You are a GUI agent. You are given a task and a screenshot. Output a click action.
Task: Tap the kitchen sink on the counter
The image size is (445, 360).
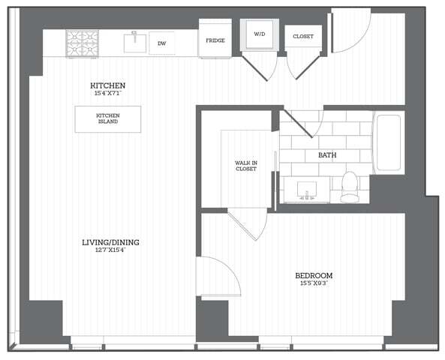click(134, 43)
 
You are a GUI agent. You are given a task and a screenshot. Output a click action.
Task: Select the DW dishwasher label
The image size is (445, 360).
click(161, 43)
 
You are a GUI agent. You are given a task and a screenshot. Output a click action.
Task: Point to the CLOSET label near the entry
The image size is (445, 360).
click(303, 36)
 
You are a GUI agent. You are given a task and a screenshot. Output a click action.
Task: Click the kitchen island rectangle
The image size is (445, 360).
click(107, 119)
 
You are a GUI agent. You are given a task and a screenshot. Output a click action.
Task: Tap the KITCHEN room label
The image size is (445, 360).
click(107, 85)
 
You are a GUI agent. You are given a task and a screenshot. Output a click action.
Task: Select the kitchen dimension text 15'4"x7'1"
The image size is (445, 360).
click(107, 93)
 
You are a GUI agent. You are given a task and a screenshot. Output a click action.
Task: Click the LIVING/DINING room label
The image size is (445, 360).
click(110, 242)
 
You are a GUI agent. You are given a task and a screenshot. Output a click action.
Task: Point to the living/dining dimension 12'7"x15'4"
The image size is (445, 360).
click(110, 250)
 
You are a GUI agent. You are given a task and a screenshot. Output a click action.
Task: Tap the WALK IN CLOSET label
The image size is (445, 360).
click(245, 165)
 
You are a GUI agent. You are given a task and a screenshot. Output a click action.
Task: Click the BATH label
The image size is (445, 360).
click(326, 155)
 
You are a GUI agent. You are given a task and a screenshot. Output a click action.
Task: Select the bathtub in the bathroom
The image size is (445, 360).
click(389, 142)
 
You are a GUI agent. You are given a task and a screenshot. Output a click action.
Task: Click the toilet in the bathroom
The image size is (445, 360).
click(350, 187)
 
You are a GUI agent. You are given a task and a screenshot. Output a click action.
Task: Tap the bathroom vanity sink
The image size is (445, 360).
click(307, 189)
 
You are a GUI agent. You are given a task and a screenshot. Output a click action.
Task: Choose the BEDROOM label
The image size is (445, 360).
click(314, 275)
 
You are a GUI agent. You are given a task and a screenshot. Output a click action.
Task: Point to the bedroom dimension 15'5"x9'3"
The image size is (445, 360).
click(314, 283)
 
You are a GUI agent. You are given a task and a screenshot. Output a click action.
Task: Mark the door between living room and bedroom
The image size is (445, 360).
click(218, 276)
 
